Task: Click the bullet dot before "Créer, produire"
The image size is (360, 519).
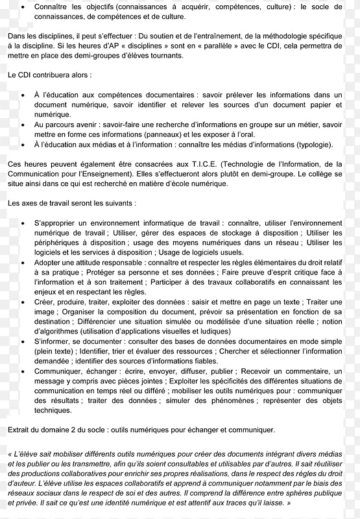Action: point(23,302)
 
